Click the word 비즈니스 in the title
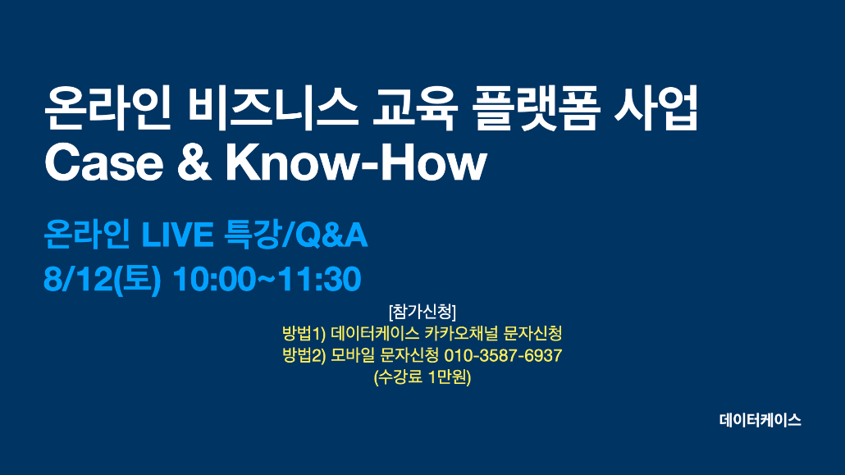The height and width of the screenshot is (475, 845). pyautogui.click(x=272, y=108)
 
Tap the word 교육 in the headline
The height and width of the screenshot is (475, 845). pyautogui.click(x=415, y=108)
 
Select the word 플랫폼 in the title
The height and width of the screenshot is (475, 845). pyautogui.click(x=536, y=108)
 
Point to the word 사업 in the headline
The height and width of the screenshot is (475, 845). pyautogui.click(x=655, y=108)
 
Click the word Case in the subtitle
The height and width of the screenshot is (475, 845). pyautogui.click(x=104, y=163)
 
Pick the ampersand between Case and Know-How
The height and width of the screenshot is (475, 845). pyautogui.click(x=194, y=163)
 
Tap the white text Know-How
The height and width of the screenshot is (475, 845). pyautogui.click(x=356, y=163)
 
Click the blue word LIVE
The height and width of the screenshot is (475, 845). pyautogui.click(x=177, y=235)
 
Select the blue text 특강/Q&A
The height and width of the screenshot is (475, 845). pyautogui.click(x=295, y=235)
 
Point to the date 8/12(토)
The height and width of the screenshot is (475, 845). pyautogui.click(x=103, y=279)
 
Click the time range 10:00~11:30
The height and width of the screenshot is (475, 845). pyautogui.click(x=267, y=279)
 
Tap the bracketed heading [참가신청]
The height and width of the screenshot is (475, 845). pyautogui.click(x=422, y=312)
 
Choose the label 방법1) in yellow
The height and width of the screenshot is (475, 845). pyautogui.click(x=304, y=333)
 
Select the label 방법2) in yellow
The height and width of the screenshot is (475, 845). pyautogui.click(x=304, y=355)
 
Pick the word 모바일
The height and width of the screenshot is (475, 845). pyautogui.click(x=353, y=355)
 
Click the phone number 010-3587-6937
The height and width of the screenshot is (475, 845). pyautogui.click(x=503, y=355)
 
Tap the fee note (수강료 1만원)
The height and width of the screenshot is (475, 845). pyautogui.click(x=422, y=377)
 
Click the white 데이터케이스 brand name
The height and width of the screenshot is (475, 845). pyautogui.click(x=760, y=420)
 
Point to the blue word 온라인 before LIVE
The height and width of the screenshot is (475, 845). pyautogui.click(x=86, y=235)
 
